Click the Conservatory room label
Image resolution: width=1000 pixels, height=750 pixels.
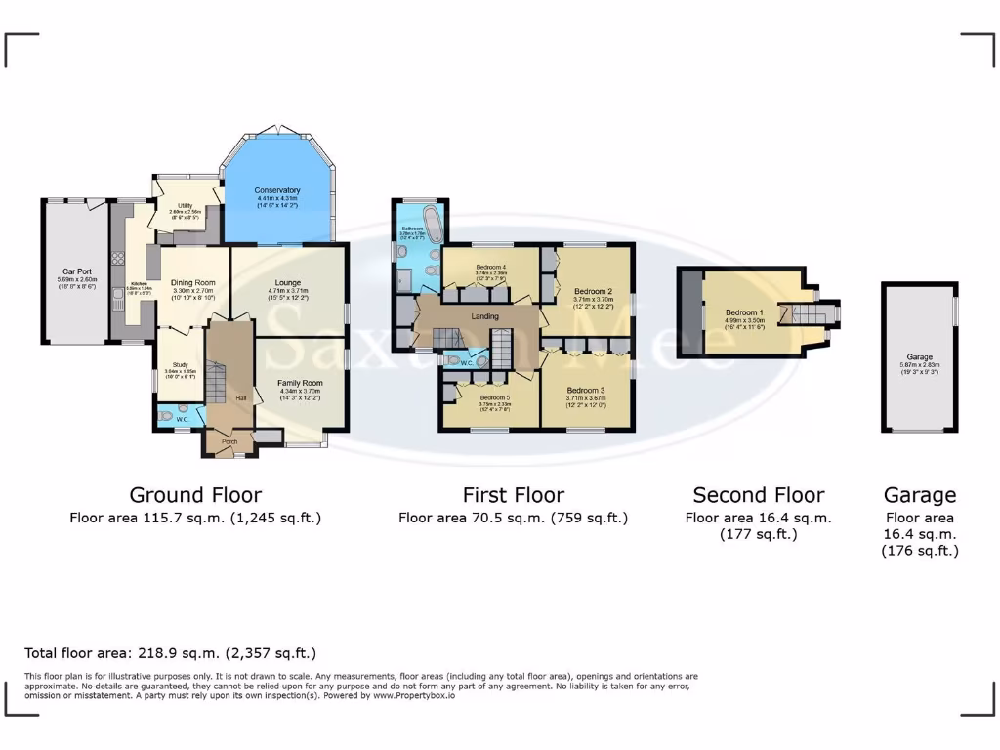[277, 190]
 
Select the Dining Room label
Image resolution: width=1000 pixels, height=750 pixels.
[192, 282]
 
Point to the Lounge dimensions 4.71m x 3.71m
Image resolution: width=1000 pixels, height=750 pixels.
[288, 291]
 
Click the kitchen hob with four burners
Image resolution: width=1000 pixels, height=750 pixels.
[119, 259]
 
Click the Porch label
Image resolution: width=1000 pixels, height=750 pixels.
[229, 441]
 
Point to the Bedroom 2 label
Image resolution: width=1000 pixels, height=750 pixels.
[593, 292]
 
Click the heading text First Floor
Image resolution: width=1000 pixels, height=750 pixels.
[513, 495]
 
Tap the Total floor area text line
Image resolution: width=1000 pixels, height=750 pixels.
[170, 653]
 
